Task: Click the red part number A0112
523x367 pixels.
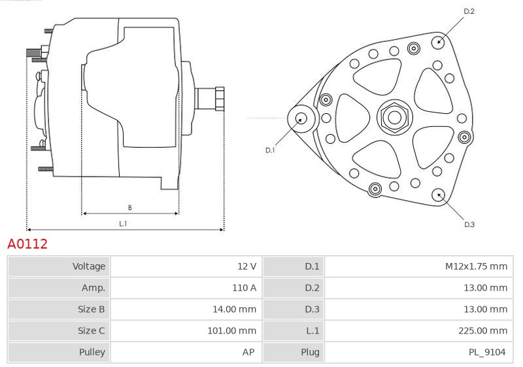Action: click(27, 244)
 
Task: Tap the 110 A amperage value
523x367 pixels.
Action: click(244, 288)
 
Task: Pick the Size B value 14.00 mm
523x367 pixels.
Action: click(234, 309)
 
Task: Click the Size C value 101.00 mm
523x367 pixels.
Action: click(232, 330)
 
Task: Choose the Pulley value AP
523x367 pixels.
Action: click(248, 352)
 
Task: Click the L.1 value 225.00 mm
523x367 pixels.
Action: click(482, 330)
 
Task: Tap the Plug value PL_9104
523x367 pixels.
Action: click(487, 353)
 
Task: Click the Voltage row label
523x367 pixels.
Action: click(89, 266)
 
